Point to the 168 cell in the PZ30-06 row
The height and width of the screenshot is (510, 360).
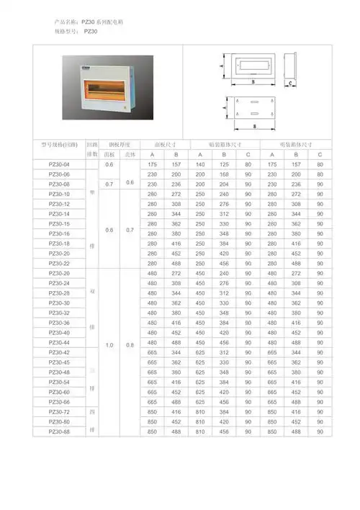225,175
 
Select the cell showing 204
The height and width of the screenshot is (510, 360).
225,184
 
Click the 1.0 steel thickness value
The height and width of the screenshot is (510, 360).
109,346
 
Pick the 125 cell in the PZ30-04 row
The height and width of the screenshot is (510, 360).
225,165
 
